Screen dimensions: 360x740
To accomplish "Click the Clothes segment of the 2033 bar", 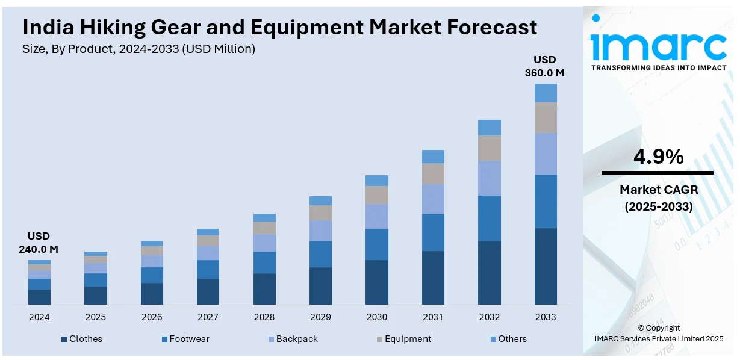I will (546, 266).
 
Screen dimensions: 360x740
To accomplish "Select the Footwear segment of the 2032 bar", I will (490, 218).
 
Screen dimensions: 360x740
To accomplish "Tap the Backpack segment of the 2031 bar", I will (433, 199).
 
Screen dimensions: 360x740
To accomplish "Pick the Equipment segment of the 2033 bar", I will (546, 117).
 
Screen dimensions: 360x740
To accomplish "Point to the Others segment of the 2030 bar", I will (377, 180).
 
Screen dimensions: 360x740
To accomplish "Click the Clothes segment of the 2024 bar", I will (39, 297).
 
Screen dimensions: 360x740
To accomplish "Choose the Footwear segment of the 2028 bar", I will (264, 262).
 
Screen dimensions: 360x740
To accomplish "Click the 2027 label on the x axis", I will (208, 317).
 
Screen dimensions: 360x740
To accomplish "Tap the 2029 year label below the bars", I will (320, 317).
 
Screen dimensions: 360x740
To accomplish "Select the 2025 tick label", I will (95, 317).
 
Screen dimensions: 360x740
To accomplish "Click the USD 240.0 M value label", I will (39, 242).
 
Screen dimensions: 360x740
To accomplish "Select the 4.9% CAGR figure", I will (658, 157).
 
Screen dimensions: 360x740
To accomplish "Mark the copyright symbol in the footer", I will (641, 328).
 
